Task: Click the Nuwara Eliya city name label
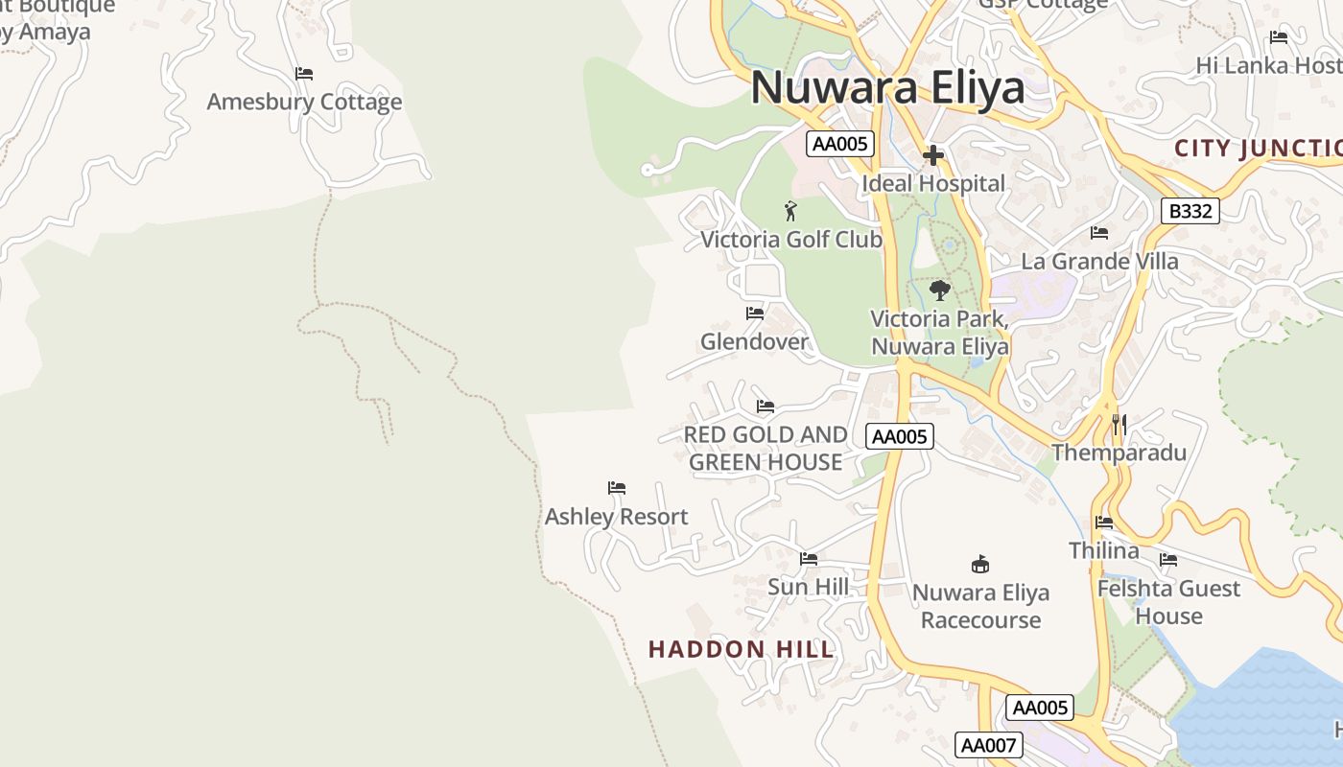[887, 88]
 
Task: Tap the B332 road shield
[1190, 211]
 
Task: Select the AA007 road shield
[989, 745]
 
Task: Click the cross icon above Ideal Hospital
[933, 155]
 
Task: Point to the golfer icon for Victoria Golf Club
[790, 211]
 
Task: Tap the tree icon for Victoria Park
[940, 290]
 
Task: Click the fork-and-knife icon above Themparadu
[1119, 424]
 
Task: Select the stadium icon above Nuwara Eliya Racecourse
[979, 564]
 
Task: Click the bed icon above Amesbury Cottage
[304, 74]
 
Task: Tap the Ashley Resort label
[616, 517]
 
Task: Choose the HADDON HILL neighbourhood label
[742, 649]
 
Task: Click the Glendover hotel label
[754, 341]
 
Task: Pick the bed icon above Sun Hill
[809, 559]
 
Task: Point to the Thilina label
[1104, 550]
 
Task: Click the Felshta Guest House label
[1168, 601]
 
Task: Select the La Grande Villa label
[1099, 261]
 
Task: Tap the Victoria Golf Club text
[791, 239]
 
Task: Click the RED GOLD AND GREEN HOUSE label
[766, 448]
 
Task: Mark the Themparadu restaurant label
[1119, 453]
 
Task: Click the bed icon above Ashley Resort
[617, 489]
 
